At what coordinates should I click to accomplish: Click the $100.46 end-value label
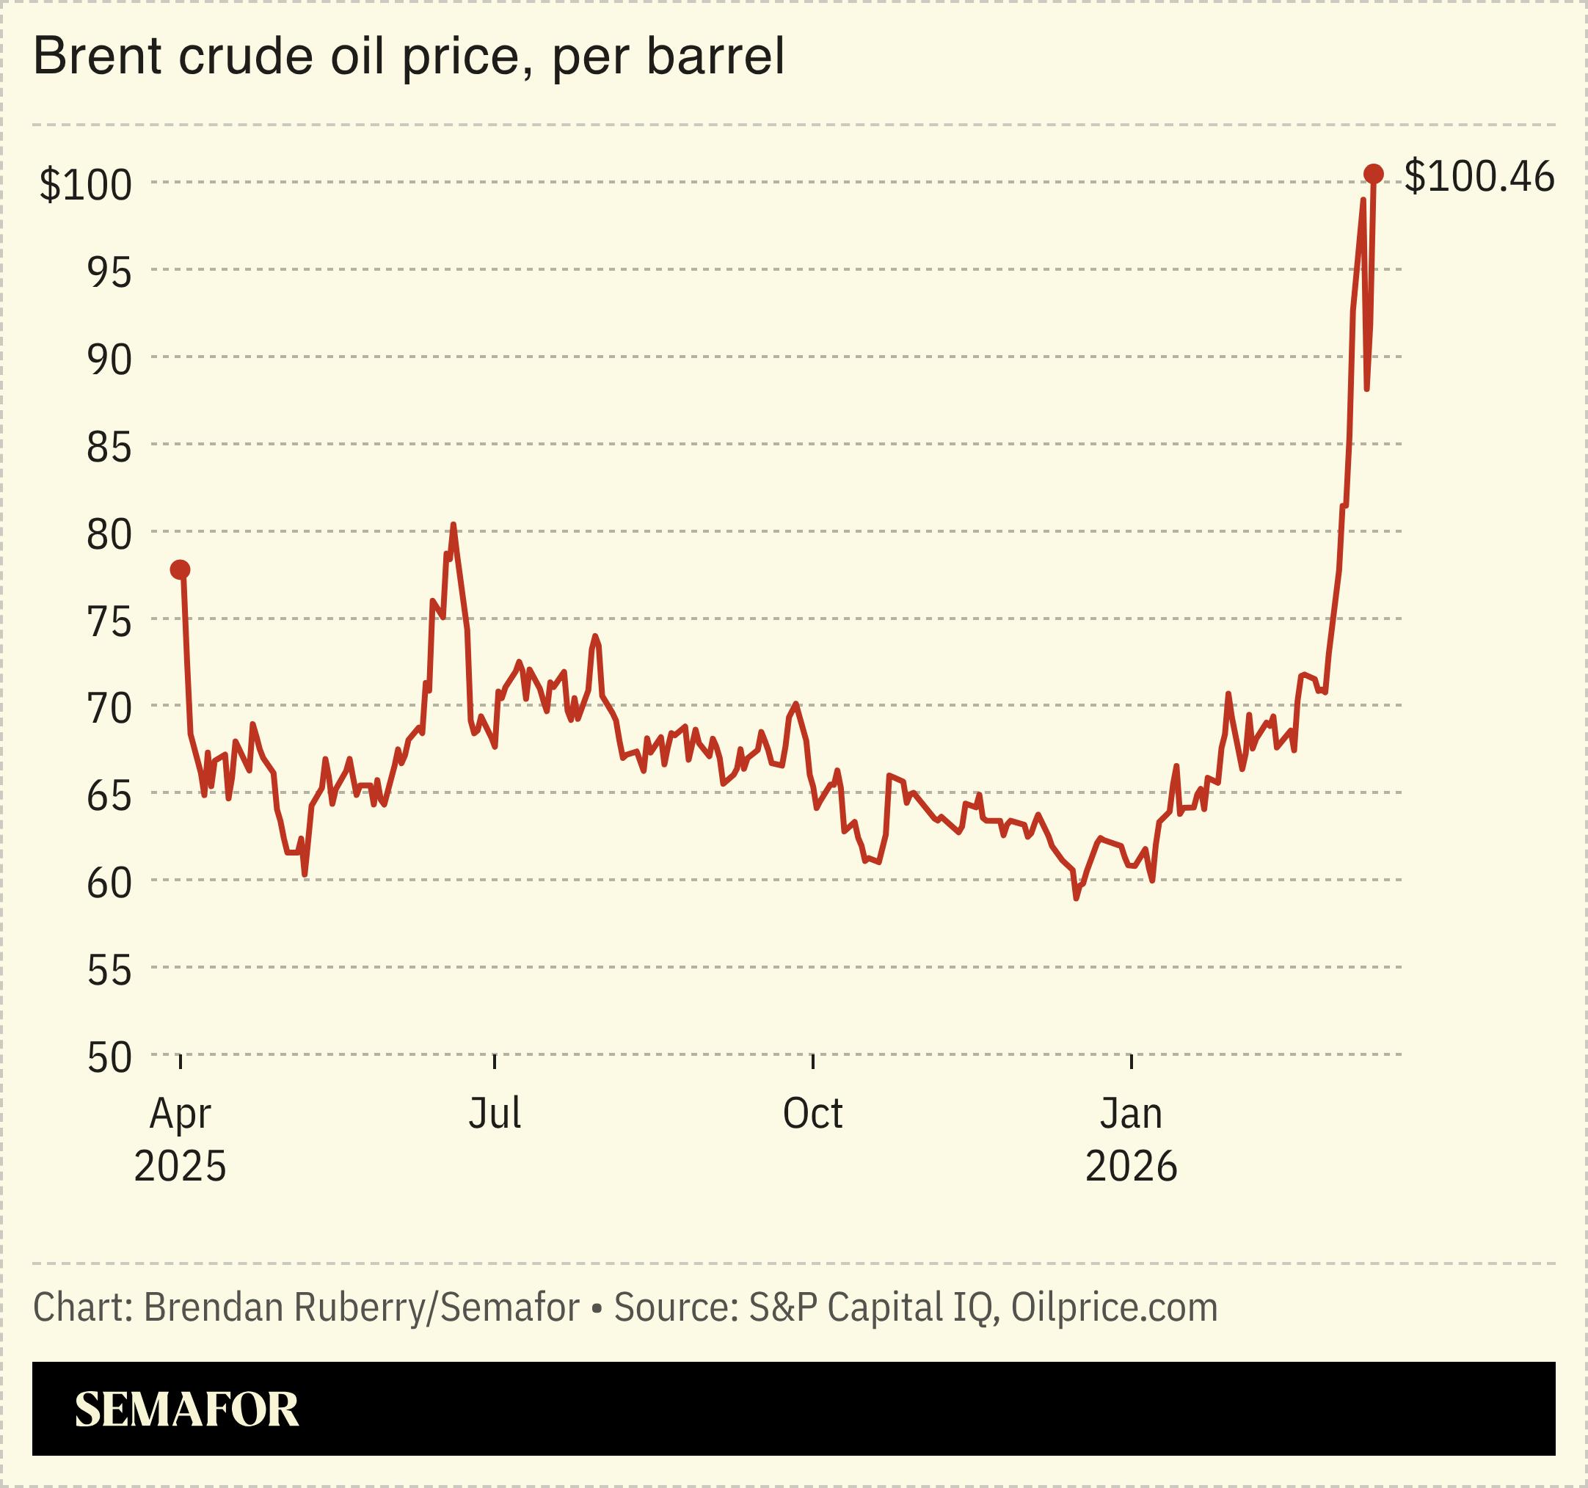tap(1479, 177)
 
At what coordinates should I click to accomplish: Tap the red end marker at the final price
tap(1373, 174)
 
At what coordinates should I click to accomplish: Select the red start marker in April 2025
tap(181, 569)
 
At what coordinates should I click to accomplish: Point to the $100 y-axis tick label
tap(85, 184)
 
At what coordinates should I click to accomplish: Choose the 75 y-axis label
tap(109, 621)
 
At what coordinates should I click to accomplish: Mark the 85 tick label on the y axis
tap(109, 448)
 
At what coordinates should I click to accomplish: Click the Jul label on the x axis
tap(495, 1112)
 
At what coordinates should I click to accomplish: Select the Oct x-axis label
tap(812, 1112)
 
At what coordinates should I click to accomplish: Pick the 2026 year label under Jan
tap(1131, 1166)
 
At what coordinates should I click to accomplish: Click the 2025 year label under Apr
tap(181, 1166)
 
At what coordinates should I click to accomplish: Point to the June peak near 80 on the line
tap(453, 525)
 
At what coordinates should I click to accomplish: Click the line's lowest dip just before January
tap(1076, 899)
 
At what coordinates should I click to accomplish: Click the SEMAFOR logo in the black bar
tap(187, 1409)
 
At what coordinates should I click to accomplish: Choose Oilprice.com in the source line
tap(1115, 1308)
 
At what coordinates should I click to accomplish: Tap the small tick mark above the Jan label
tap(1131, 1062)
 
